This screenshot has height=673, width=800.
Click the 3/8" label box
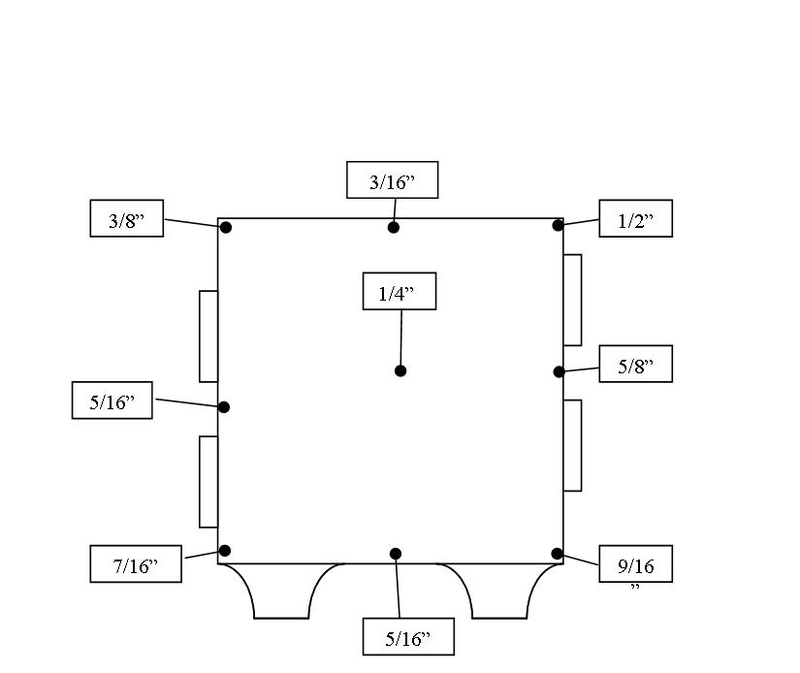click(126, 218)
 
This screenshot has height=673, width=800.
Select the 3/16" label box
click(392, 180)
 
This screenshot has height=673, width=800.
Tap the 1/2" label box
click(635, 218)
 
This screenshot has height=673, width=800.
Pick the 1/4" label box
click(399, 291)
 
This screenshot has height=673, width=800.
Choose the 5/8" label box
click(635, 364)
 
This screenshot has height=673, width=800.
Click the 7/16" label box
click(135, 563)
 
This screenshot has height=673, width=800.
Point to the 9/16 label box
click(635, 563)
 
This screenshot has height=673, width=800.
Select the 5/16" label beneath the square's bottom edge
click(407, 636)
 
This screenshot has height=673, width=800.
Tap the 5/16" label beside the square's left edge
click(112, 400)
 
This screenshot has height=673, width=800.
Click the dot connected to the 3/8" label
click(226, 228)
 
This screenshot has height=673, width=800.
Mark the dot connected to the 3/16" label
click(394, 228)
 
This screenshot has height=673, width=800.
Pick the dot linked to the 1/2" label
click(558, 226)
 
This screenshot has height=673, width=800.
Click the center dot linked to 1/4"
click(400, 370)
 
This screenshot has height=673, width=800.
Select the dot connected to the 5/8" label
click(559, 371)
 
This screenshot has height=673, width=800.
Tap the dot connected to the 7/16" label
click(225, 551)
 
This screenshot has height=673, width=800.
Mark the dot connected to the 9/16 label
click(558, 554)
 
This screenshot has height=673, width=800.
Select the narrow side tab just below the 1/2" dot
click(572, 300)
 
